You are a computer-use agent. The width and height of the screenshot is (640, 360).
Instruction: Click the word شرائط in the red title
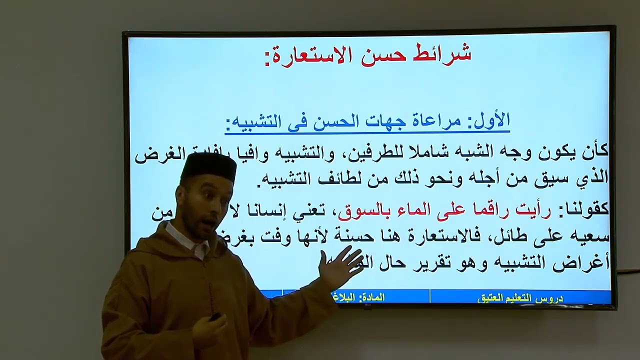(443, 54)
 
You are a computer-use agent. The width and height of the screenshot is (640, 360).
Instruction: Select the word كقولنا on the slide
(583, 210)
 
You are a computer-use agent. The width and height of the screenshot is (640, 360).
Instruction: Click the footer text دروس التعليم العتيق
(520, 297)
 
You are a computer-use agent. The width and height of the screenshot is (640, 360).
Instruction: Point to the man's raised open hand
(342, 265)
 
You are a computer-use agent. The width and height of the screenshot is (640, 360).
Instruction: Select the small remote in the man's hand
(215, 316)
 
